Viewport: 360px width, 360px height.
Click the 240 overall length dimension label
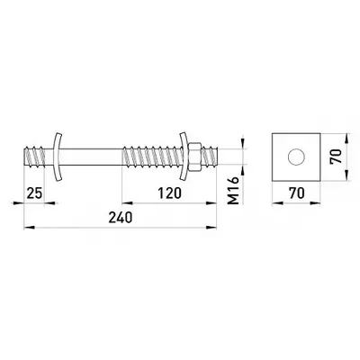coord(121,218)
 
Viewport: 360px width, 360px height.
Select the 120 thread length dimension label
coord(170,193)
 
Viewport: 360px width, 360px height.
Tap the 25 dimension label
coord(34,193)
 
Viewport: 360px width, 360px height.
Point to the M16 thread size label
coord(233,190)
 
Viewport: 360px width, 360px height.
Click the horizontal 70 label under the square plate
coord(297,193)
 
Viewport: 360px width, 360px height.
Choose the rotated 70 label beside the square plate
coord(336,156)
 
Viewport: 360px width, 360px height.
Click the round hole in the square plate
coord(296,157)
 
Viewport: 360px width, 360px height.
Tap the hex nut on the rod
coord(194,157)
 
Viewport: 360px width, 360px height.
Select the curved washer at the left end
coord(56,157)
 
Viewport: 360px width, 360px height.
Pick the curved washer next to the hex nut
coord(184,157)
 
